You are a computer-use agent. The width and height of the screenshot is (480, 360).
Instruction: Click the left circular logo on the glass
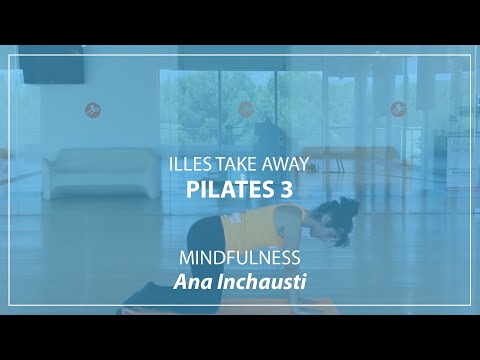[92, 107]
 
